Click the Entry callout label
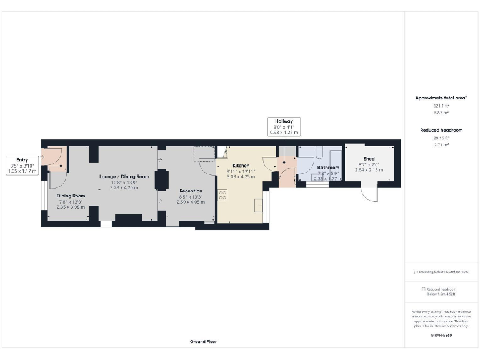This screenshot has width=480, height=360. coord(22,160)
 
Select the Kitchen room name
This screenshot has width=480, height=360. coord(241,166)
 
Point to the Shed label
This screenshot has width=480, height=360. coord(369,159)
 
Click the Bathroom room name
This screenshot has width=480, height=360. coord(328,167)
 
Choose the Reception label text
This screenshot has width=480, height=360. coord(191,191)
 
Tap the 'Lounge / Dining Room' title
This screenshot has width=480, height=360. coord(124,176)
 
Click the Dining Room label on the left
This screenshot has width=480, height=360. coord(71,196)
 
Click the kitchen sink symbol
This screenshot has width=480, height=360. coord(257,204)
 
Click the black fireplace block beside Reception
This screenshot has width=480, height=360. coord(161,179)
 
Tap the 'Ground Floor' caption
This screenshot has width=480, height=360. coord(203,342)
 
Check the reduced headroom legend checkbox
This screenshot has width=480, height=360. coord(424,289)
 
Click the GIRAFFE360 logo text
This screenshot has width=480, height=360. coord(441,336)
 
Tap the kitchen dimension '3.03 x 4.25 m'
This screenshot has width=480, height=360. coord(241,176)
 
